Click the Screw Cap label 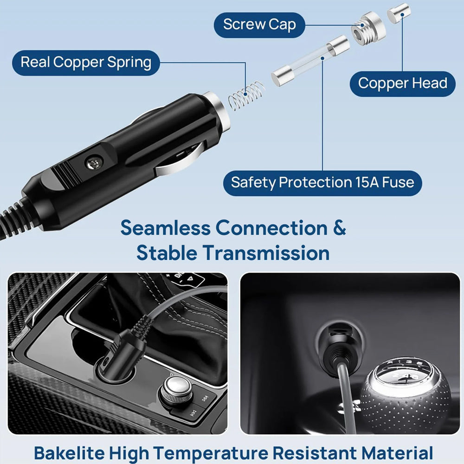click(259, 25)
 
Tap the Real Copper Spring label click(86, 63)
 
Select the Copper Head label click(402, 84)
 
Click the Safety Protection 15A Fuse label click(322, 182)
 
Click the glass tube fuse click(310, 62)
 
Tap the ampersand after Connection click(338, 228)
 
